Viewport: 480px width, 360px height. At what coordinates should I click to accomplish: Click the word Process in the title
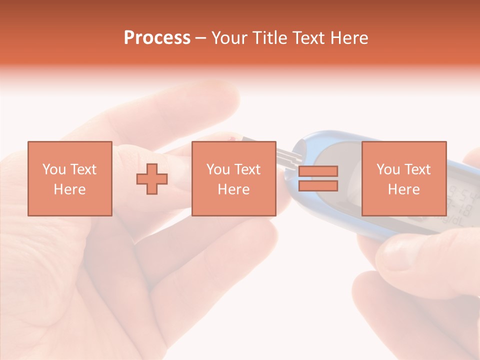[157, 38]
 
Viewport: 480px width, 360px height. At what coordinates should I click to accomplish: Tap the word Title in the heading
[269, 38]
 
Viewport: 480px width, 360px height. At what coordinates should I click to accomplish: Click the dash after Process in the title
[201, 38]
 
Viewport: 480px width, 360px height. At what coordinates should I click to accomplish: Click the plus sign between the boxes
[152, 179]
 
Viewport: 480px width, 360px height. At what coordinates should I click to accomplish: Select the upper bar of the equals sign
[318, 171]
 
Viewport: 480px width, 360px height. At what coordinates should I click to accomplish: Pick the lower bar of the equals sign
[318, 186]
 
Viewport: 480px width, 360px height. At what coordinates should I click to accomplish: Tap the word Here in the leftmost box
[69, 189]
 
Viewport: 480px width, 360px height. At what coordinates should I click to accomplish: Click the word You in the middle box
[218, 169]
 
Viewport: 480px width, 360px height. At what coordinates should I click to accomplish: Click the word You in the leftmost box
[54, 169]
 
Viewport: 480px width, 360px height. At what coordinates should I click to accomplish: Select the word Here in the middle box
[233, 189]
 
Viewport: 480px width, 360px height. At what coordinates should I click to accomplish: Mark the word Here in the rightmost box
[403, 189]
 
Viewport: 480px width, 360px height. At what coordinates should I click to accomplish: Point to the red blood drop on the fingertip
[231, 138]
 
